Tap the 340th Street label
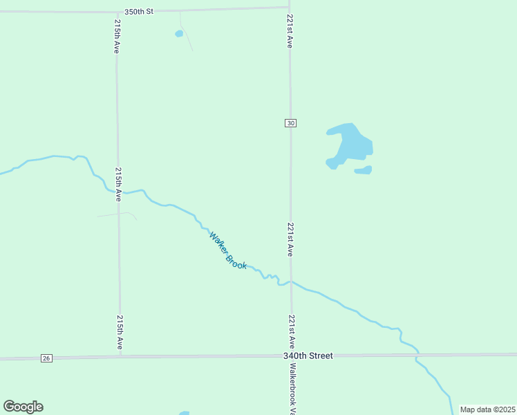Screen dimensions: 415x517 [308, 356]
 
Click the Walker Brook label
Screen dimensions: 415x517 [228, 250]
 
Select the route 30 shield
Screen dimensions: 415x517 [290, 123]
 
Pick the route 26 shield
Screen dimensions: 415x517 [46, 358]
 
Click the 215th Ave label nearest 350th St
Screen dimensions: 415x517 [117, 37]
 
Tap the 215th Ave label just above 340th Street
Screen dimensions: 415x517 [120, 333]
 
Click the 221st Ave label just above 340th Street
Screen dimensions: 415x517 [292, 331]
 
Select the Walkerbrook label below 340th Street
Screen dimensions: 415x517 [293, 388]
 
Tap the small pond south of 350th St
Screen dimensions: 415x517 [179, 33]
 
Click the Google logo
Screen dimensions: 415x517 [23, 407]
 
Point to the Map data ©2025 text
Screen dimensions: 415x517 [487, 409]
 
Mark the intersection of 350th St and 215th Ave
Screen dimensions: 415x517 [115, 11]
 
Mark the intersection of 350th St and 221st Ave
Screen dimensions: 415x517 [289, 8]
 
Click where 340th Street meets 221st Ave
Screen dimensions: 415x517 [291, 356]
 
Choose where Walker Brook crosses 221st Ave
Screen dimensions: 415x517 [291, 282]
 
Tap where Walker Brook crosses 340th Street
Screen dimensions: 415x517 [417, 354]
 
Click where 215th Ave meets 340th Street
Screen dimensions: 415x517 [120, 358]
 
